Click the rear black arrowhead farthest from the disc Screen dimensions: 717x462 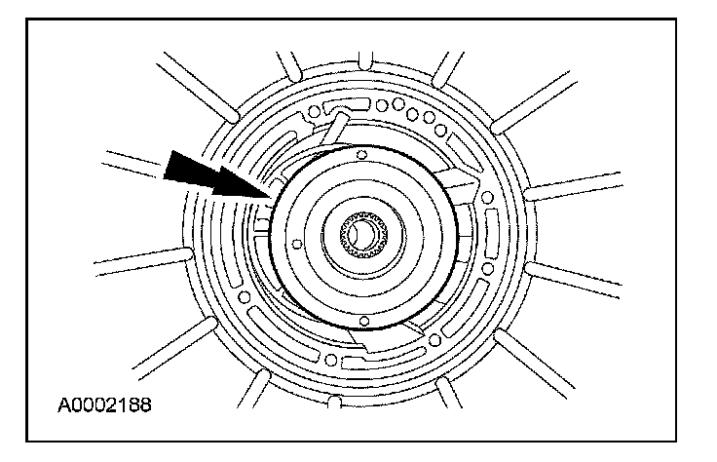tap(188, 171)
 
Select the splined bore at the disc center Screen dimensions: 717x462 tap(363, 235)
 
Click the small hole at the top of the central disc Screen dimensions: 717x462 tap(361, 154)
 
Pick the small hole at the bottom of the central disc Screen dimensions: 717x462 tap(363, 319)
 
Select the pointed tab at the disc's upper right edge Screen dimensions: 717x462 tap(459, 180)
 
